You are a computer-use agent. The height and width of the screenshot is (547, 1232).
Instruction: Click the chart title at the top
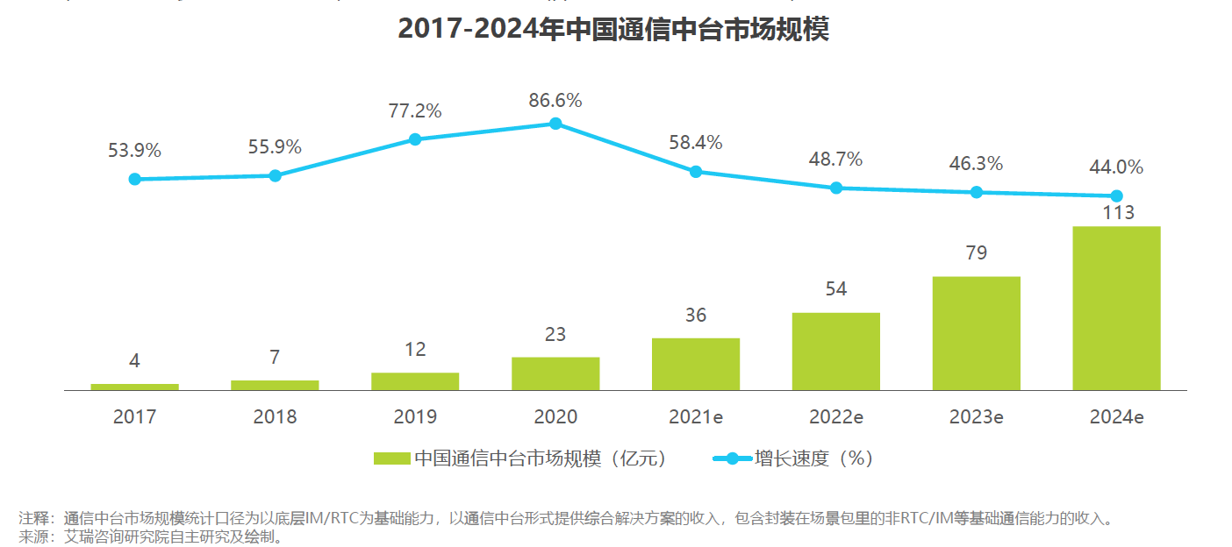coord(613,29)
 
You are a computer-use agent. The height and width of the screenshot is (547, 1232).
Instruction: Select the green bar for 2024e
coord(1116,309)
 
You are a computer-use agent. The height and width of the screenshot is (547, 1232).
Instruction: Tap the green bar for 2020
coord(555,373)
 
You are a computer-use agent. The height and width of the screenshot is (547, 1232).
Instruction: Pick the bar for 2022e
coord(835,352)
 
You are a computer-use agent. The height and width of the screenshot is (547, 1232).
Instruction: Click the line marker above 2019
coord(415,139)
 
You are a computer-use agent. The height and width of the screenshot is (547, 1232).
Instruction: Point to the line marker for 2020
coord(555,124)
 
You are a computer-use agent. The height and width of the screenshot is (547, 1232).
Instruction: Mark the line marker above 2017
coord(134,179)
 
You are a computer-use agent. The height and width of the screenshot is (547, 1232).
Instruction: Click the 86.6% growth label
coord(555,100)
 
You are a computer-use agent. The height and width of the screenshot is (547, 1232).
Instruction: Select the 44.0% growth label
coord(1116,167)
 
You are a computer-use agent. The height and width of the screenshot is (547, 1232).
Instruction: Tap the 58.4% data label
coord(695,142)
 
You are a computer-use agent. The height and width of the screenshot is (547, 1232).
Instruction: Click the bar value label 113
coord(1116,212)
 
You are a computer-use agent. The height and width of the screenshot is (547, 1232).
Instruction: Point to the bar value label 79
coord(976,253)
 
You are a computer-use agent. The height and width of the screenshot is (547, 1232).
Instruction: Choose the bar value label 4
coord(134,360)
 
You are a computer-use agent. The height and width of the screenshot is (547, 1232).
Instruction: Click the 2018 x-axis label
coord(275,417)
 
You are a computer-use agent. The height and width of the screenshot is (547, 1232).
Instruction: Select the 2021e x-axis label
coord(695,417)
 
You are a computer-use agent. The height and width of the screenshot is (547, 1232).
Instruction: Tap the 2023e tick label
coord(976,417)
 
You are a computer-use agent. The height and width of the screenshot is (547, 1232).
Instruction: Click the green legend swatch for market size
coord(391,458)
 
